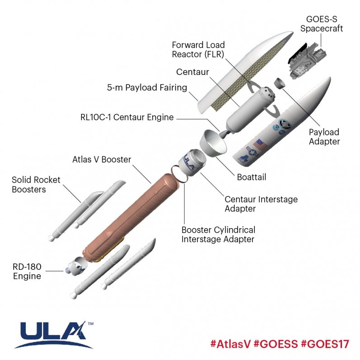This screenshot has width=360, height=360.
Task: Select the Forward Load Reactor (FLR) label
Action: [x=198, y=50]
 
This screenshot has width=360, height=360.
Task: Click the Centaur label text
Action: [x=193, y=72]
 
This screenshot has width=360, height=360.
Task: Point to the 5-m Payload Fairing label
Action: [x=147, y=88]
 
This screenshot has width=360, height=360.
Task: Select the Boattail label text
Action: [x=252, y=177]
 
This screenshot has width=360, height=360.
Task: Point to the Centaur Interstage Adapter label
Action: [x=261, y=204]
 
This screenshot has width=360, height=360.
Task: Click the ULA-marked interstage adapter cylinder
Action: [x=192, y=163]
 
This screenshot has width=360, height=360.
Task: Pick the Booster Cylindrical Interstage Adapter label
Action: [x=218, y=234]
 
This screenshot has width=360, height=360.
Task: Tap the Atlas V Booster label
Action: [x=102, y=159]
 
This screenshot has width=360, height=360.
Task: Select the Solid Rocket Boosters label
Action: [x=36, y=185]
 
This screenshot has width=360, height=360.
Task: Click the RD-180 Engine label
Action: [x=27, y=271]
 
